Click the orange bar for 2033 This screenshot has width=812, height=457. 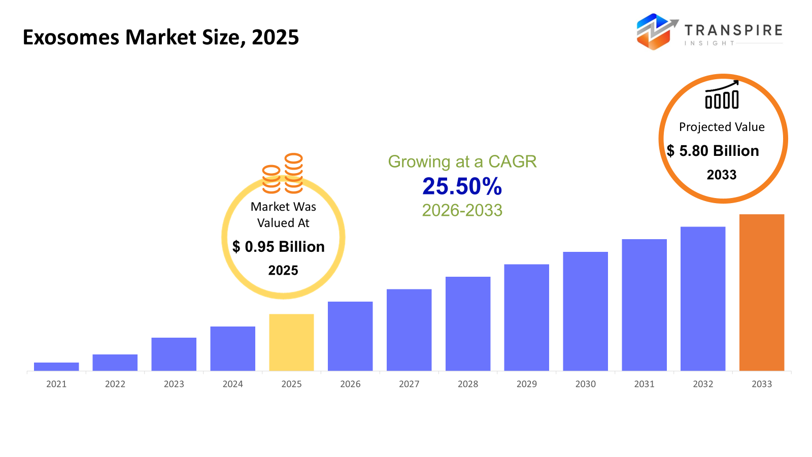point(761,292)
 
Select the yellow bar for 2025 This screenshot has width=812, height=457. point(291,342)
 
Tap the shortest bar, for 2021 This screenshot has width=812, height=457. point(56,367)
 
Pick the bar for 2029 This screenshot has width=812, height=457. point(526,317)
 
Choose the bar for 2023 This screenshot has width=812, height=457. point(174,354)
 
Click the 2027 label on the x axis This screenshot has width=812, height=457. point(409,384)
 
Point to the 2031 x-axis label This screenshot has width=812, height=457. point(644,384)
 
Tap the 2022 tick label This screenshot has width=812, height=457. point(115,384)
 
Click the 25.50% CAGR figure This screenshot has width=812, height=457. point(462,186)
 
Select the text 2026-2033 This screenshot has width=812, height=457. point(462,210)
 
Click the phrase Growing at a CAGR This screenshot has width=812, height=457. point(462,161)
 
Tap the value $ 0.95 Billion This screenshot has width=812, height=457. point(279,247)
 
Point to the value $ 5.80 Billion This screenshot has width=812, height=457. point(713,151)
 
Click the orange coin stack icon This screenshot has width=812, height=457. point(283,174)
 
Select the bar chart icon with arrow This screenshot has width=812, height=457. point(722,95)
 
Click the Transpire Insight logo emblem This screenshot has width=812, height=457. point(656,31)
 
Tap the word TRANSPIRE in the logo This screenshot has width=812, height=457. point(733,30)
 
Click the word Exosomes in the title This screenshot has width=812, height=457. point(71,38)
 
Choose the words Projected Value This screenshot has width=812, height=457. point(722,127)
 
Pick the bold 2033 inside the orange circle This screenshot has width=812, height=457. point(721,175)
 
